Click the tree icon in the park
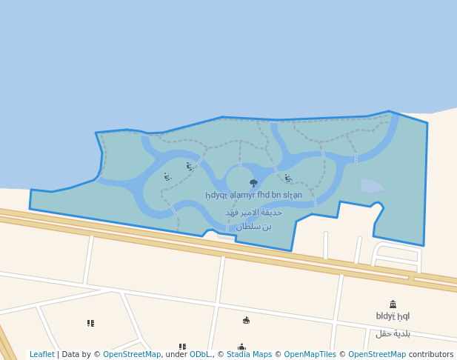coord(253,182)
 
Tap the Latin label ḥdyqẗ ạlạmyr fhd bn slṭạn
coord(253,195)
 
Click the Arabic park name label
coord(253,219)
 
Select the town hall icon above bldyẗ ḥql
coord(393,304)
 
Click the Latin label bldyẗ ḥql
coord(393,316)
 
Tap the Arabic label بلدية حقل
coord(393,333)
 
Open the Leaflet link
coord(42,355)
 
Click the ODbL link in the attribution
coord(200,355)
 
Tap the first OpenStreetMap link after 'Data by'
coord(132,355)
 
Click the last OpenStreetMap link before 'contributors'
coord(377,355)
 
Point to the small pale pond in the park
coord(371,185)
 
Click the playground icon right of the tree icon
coord(287,179)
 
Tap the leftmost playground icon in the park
coord(167,177)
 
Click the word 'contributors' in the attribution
coord(431,355)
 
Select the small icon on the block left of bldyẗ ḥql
coord(246,320)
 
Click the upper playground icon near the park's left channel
coord(190,167)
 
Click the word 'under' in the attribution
coord(176,355)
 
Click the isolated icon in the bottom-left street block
coord(90,323)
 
